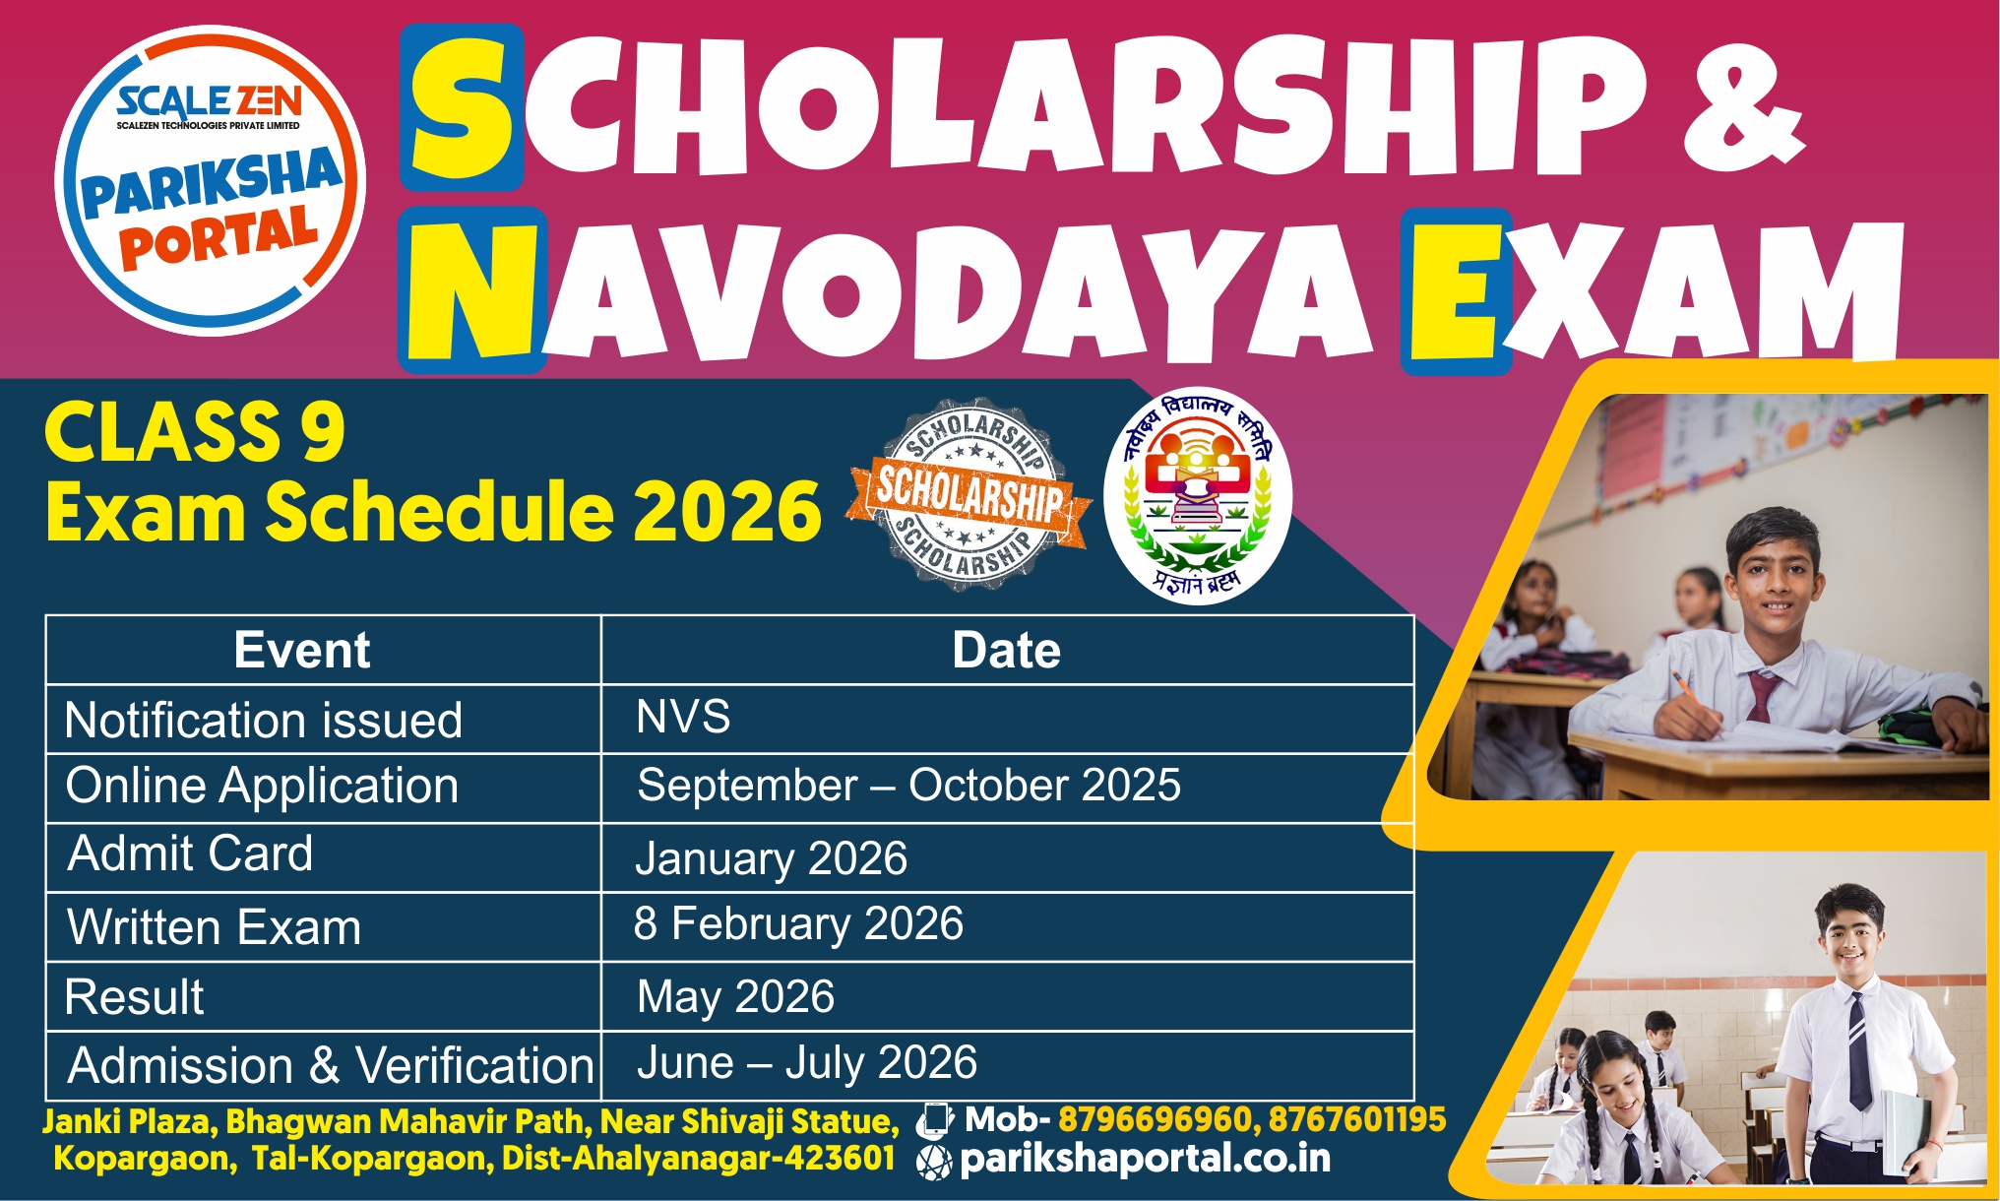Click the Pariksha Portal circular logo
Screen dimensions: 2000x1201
pos(210,181)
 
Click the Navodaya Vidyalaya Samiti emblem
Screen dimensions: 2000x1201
pos(1198,495)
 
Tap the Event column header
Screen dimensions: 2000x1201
pos(302,650)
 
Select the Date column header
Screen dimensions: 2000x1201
pos(1006,651)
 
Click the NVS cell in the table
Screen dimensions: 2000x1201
pos(683,716)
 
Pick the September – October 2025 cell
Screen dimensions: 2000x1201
pos(908,786)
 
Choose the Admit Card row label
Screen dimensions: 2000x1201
pos(190,853)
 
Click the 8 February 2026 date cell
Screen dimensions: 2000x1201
pos(798,923)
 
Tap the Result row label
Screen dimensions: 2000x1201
pos(135,996)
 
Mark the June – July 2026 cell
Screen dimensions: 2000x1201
pos(807,1063)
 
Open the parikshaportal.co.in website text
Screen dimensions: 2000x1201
pos(1145,1159)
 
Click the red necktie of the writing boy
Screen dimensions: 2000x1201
pos(1760,695)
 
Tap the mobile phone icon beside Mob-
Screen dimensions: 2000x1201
pos(934,1120)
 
